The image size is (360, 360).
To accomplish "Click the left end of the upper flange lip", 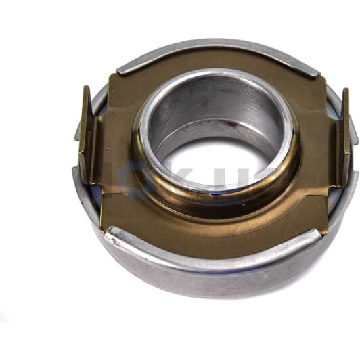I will coord(122,68).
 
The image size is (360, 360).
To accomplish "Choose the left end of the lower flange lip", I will coord(112,233).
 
